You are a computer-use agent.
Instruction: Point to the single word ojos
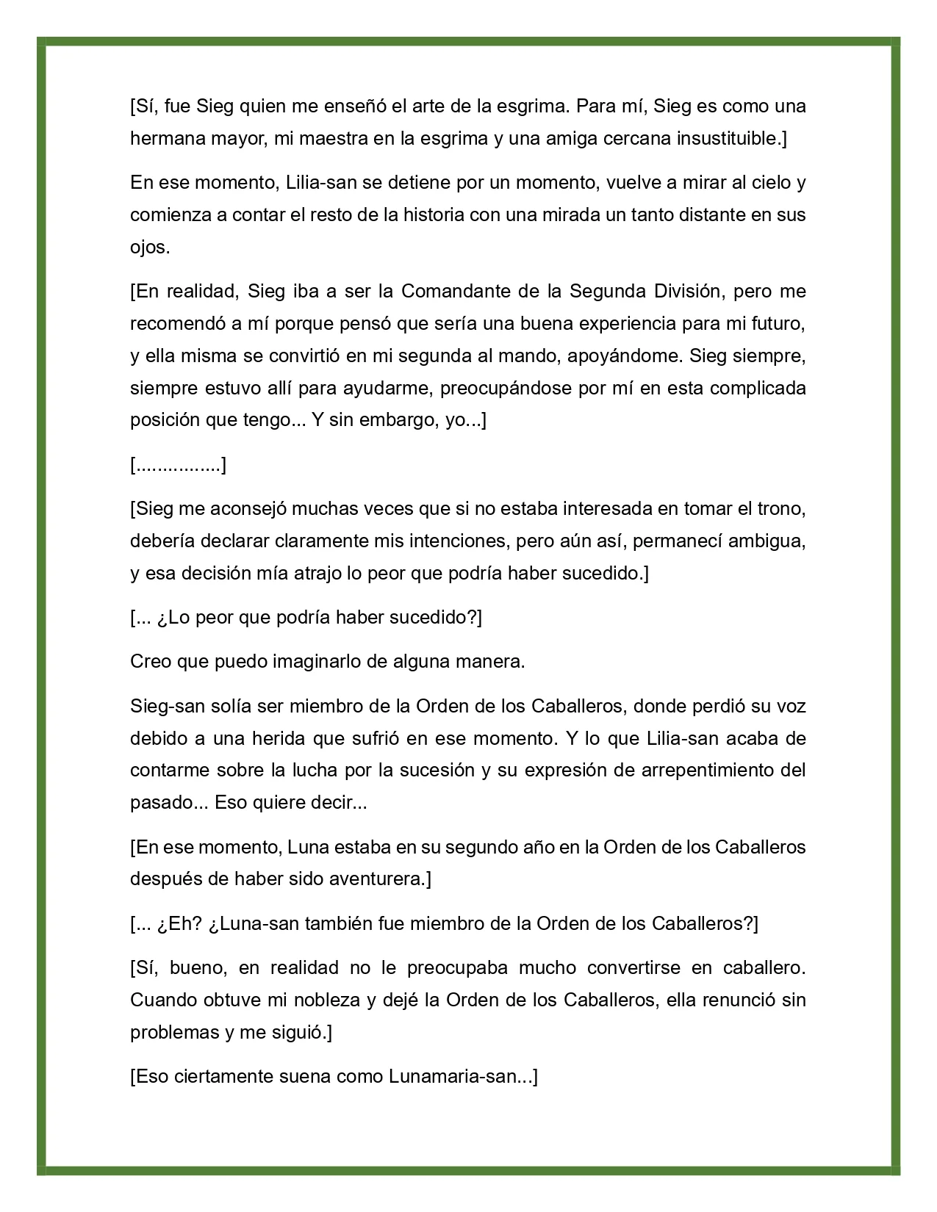tap(150, 248)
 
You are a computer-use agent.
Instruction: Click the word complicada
tap(757, 388)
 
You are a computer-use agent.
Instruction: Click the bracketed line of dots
tap(178, 465)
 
